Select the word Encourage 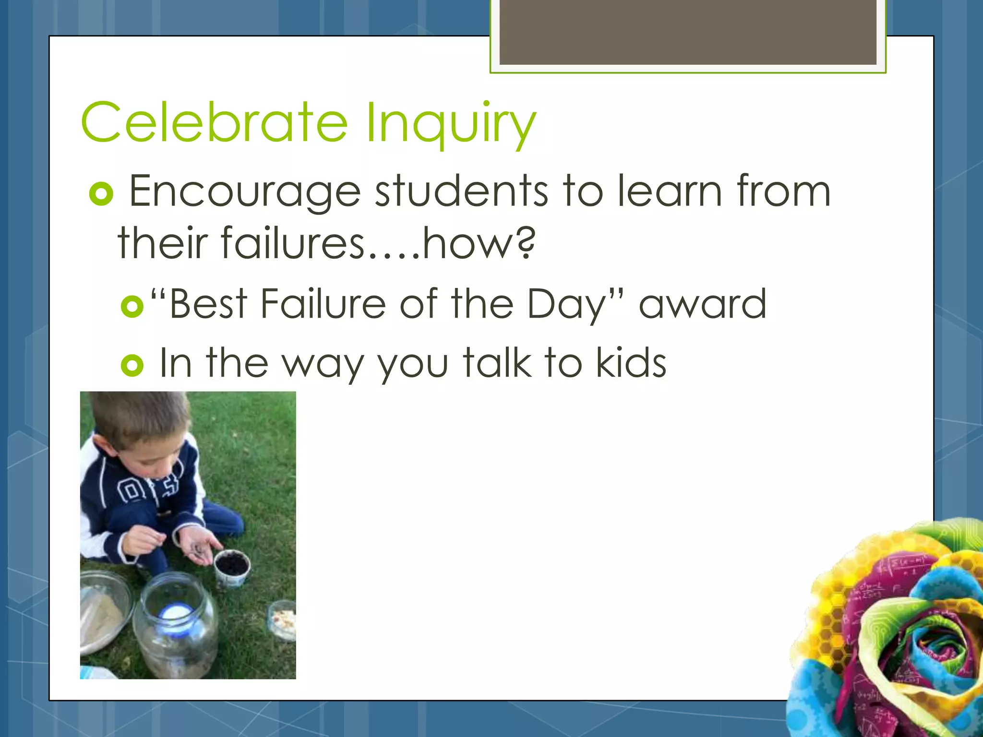(245, 192)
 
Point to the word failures (293, 243)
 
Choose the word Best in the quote (208, 304)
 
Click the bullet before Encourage (101, 194)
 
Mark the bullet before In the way (132, 366)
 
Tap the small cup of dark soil (232, 566)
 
